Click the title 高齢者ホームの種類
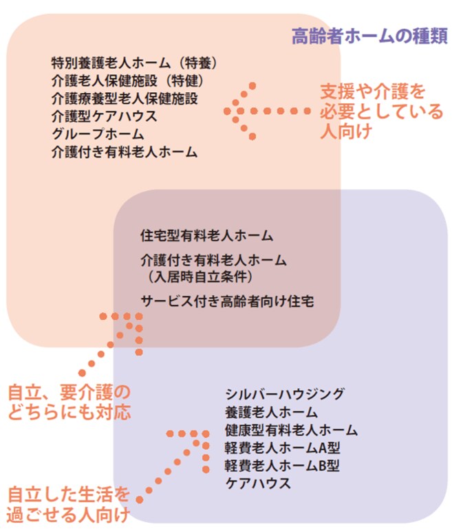point(369,36)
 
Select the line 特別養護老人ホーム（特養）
point(134,63)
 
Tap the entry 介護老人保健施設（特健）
point(128,81)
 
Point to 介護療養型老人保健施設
point(125,98)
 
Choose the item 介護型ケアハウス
point(105,116)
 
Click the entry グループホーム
point(98,133)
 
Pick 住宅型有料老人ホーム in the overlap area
point(206,235)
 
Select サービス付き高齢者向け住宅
point(227,301)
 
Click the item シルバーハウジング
point(285,394)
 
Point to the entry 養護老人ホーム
point(271,412)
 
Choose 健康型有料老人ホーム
point(291,430)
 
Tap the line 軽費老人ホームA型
point(283,448)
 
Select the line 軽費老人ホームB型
point(282,466)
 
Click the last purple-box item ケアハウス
point(258,484)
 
